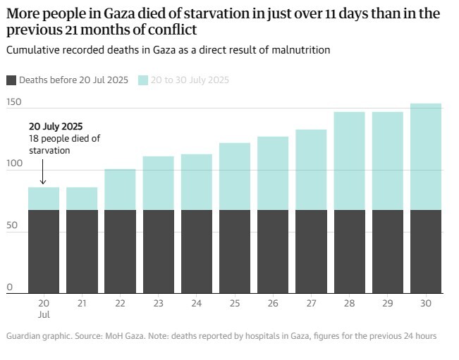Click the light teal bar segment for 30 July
[x=426, y=156]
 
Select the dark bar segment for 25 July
[x=235, y=252]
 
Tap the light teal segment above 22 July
[x=120, y=190]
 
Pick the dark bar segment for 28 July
[x=349, y=252]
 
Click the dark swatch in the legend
[x=11, y=80]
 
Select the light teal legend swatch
[x=142, y=80]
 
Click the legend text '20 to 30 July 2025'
[x=190, y=80]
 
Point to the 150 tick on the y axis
[x=14, y=103]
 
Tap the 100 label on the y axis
[x=14, y=163]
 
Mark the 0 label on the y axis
[x=10, y=287]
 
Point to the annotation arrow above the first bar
[x=43, y=173]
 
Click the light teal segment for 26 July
[x=273, y=173]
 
